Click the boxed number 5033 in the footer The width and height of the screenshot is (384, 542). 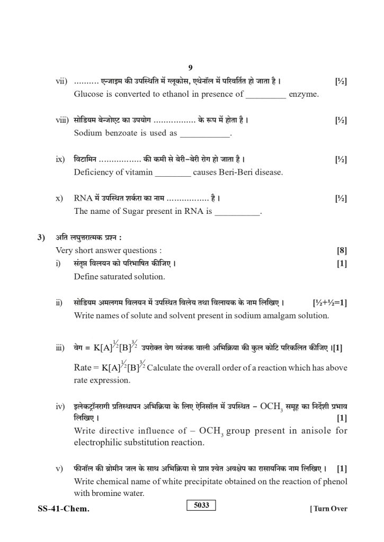tap(201, 505)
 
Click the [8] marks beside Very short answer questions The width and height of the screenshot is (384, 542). tap(342, 250)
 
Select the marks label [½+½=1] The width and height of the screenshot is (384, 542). tap(329, 302)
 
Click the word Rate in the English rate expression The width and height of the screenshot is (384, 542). tap(84, 367)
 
